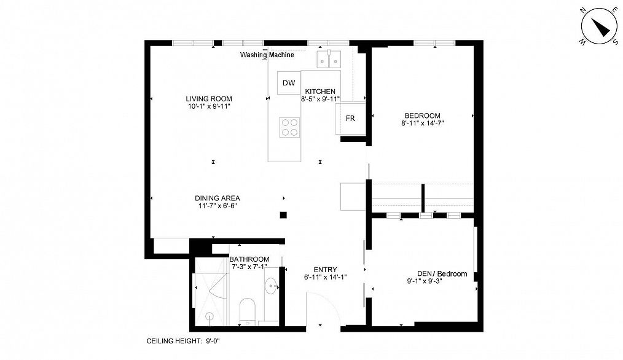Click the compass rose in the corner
[x=598, y=26]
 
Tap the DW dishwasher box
[x=289, y=84]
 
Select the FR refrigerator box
[x=350, y=119]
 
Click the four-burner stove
[x=289, y=127]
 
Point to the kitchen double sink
[x=329, y=59]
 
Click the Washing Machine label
[x=267, y=55]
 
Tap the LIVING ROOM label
[x=209, y=99]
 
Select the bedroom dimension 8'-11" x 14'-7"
[x=422, y=123]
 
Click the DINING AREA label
[x=217, y=198]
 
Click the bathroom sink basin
[x=272, y=287]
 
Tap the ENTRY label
[x=325, y=269]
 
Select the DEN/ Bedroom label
[x=442, y=274]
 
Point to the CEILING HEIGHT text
[x=182, y=340]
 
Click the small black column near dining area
[x=283, y=214]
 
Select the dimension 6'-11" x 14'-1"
[x=325, y=277]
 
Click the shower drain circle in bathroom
[x=210, y=316]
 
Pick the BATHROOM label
[x=249, y=259]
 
